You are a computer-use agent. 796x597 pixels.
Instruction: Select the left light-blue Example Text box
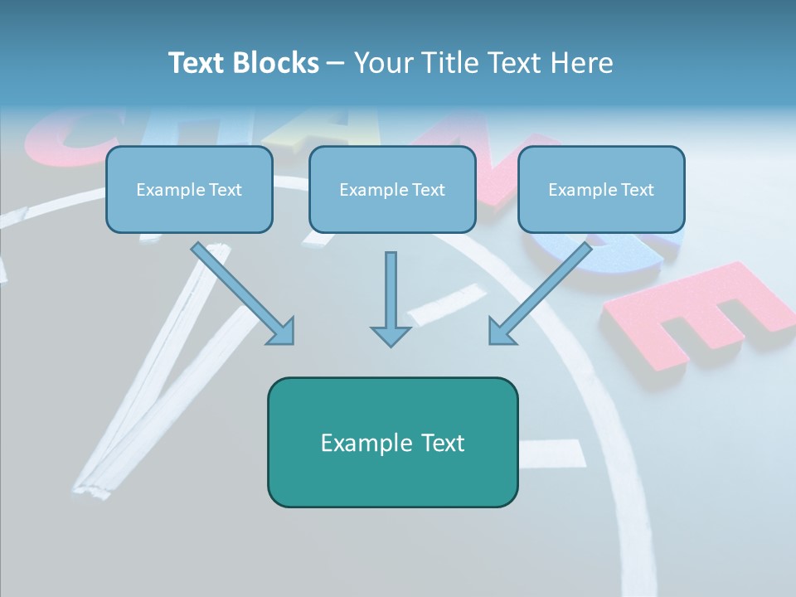(189, 190)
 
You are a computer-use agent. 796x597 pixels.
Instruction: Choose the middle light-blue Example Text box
(392, 190)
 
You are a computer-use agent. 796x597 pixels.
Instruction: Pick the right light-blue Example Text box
(601, 190)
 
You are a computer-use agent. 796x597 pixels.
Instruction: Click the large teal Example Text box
(392, 442)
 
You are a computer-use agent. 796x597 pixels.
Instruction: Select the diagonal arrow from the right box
(543, 291)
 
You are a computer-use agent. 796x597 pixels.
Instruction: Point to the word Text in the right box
(637, 190)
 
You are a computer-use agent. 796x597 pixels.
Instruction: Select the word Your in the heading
(384, 63)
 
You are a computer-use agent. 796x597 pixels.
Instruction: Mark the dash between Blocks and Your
(336, 64)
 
